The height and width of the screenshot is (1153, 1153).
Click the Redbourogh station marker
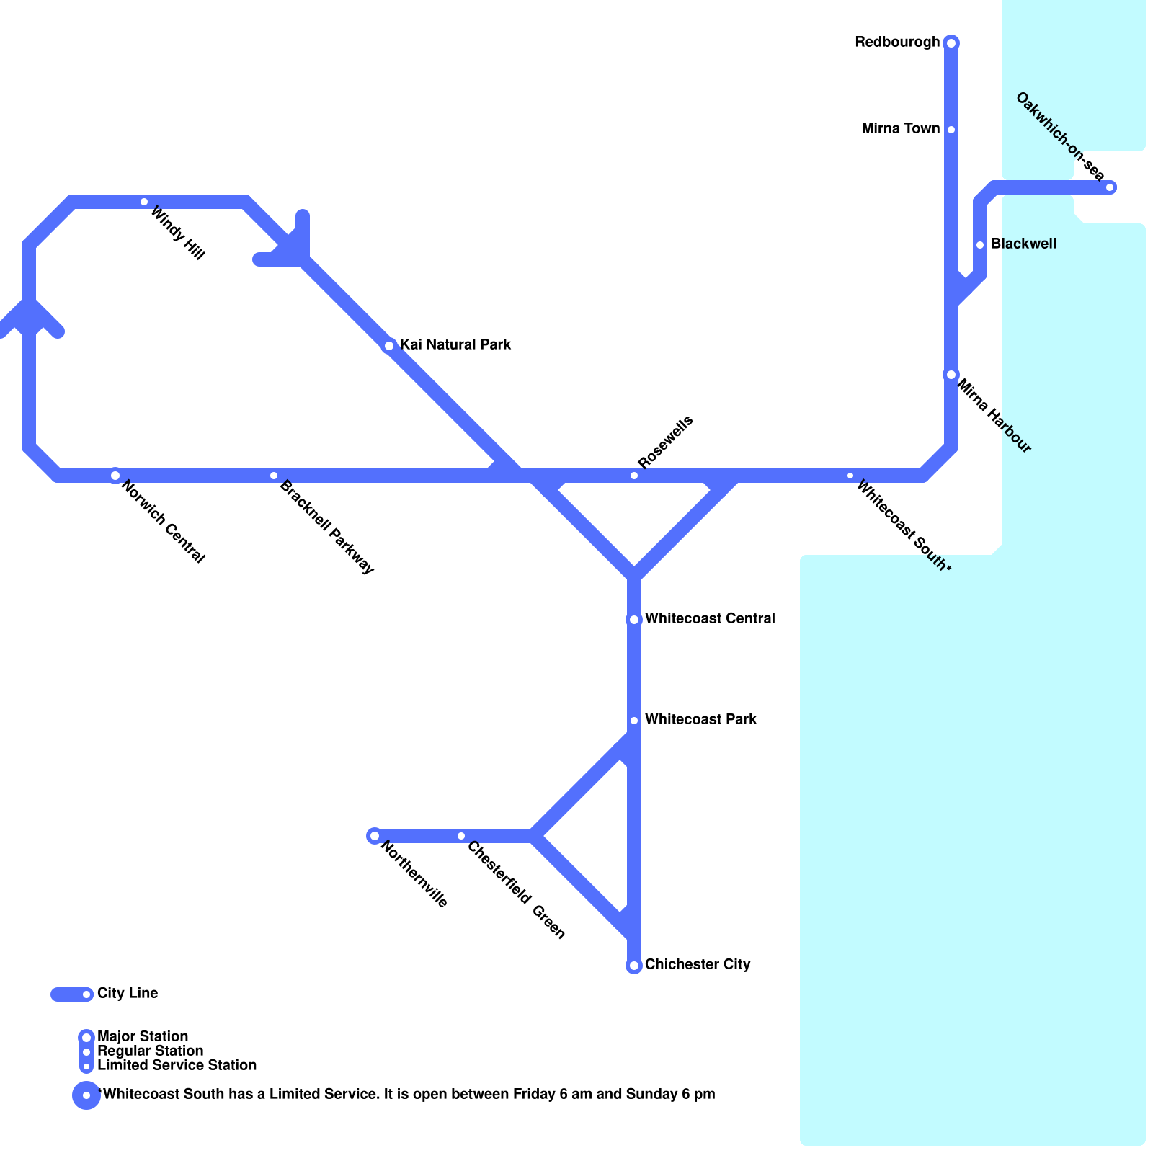[951, 43]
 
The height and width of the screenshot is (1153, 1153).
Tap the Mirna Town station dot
[951, 130]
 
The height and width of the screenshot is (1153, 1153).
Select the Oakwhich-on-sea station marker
[1110, 187]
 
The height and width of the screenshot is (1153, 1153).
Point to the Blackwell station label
[1023, 244]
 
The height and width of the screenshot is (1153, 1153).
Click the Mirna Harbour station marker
[951, 375]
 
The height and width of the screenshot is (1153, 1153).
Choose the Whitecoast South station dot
[850, 476]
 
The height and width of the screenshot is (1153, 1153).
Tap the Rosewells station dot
[634, 476]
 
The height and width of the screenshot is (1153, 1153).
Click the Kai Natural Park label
[455, 345]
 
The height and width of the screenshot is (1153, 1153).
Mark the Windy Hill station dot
[144, 202]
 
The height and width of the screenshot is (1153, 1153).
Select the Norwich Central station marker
[115, 476]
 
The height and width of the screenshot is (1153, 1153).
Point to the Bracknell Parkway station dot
[274, 476]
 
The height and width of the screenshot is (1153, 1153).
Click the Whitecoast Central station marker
[634, 620]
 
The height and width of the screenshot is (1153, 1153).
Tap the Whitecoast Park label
[700, 720]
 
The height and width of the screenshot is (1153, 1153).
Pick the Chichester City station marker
[634, 966]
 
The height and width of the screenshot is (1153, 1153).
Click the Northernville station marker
[375, 836]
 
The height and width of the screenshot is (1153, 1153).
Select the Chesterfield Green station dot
[461, 836]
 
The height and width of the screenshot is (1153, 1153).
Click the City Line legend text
[128, 994]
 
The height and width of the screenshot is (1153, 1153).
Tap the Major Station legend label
[143, 1037]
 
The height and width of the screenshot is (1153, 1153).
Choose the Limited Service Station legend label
[177, 1066]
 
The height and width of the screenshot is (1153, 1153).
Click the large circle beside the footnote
[86, 1095]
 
